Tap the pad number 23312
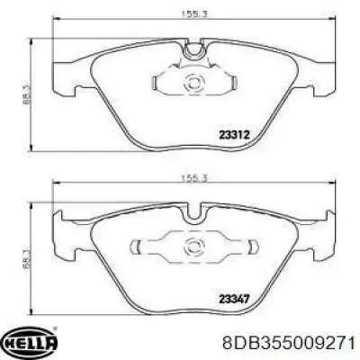pyautogui.click(x=234, y=135)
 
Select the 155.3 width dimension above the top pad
pyautogui.click(x=194, y=13)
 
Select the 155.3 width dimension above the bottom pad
pyautogui.click(x=194, y=178)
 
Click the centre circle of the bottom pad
pyautogui.click(x=194, y=247)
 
